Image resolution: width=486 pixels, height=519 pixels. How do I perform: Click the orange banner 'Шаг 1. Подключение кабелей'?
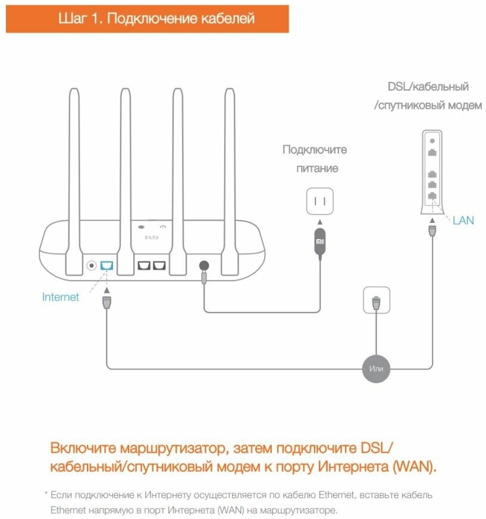148,18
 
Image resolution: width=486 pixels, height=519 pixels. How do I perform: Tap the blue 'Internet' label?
61,297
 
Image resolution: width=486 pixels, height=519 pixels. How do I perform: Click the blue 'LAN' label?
463,221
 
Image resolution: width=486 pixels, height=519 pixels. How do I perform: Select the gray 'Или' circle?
376,369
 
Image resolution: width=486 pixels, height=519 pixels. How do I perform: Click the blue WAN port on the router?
106,266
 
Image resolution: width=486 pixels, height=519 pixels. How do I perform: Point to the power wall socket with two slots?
319,201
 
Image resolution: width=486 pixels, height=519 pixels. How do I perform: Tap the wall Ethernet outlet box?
377,300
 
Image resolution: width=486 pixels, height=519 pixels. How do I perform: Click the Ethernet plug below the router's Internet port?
106,303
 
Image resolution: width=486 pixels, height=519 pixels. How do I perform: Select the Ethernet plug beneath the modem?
432,231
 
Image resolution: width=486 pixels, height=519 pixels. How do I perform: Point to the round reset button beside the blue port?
92,266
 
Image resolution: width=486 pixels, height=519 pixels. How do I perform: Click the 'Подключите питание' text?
315,159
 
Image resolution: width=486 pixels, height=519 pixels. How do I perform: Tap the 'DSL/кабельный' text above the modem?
428,87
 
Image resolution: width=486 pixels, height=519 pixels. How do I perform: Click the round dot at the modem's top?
432,141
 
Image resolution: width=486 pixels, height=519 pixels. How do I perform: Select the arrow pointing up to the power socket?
319,222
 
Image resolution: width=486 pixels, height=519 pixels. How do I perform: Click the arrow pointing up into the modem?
432,220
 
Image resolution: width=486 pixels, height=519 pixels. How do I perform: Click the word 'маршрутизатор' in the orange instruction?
174,448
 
